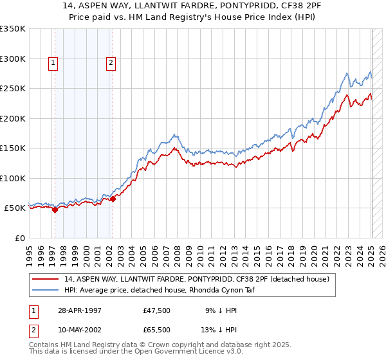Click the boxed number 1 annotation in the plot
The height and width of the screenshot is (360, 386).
[52, 63]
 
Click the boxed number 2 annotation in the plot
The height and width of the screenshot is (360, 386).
[111, 63]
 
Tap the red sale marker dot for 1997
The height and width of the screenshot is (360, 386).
[55, 209]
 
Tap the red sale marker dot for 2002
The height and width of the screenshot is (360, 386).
[113, 199]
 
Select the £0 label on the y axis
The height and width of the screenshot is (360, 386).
[19, 238]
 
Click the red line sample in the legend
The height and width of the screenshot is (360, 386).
[46, 279]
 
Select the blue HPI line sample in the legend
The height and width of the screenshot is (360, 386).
[46, 290]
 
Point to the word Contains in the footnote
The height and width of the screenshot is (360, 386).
[45, 346]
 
